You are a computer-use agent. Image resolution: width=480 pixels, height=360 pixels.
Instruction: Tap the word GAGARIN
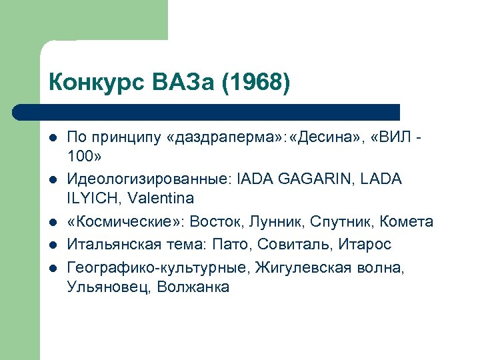(321, 180)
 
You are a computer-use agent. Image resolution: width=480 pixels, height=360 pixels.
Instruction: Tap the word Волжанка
(193, 287)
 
